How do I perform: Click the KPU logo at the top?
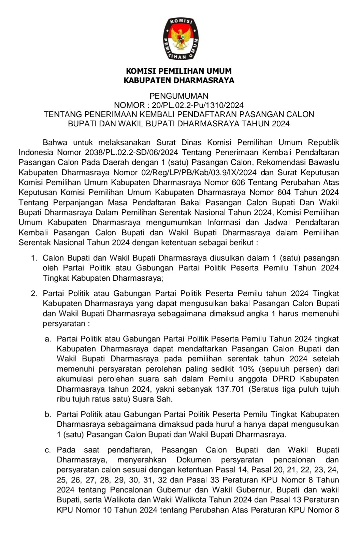180,39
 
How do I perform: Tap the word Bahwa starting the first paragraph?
55,142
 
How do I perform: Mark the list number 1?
34,258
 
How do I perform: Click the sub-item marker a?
48,339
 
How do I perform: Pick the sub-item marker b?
48,415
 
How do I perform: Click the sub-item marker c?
48,450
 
